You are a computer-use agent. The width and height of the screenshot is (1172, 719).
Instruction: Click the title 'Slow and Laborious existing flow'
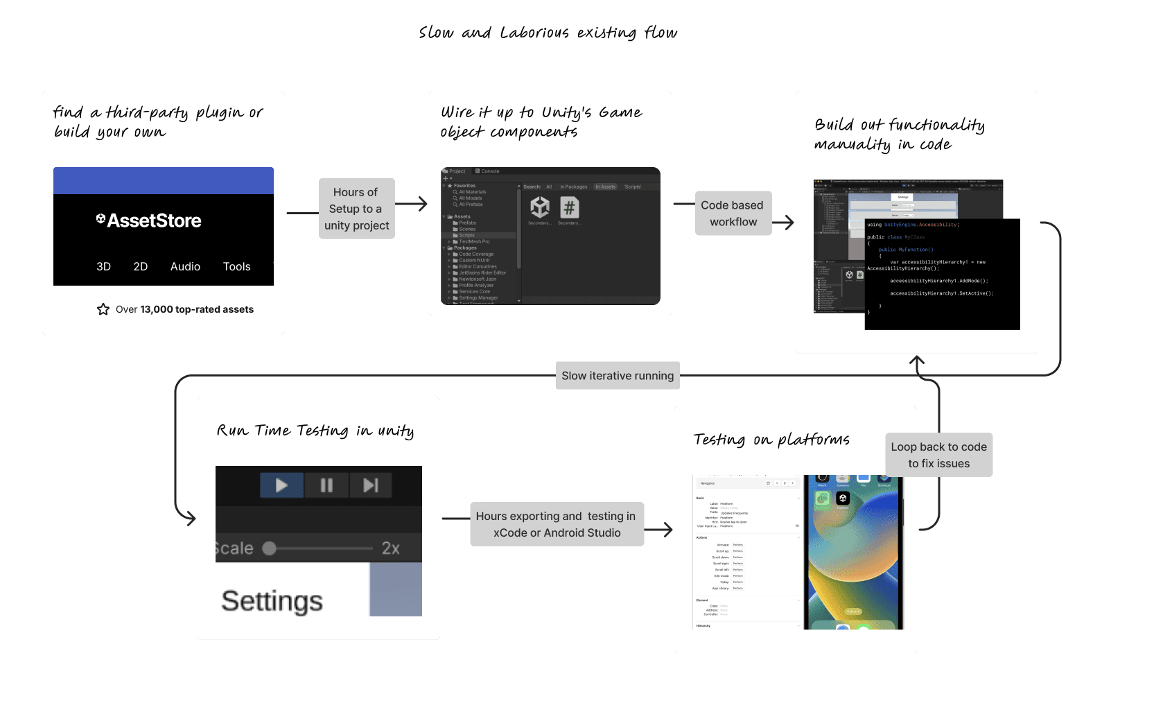coord(548,33)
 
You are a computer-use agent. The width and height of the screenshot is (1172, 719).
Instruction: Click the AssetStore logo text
coord(149,220)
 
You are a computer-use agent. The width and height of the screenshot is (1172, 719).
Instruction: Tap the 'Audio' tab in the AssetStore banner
coord(185,266)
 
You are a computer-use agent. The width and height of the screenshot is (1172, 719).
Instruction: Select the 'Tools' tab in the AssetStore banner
coord(236,266)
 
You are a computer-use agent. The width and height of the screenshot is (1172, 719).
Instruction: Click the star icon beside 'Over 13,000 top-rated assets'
coord(103,309)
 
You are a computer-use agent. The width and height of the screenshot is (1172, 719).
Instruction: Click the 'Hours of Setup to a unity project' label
coord(356,209)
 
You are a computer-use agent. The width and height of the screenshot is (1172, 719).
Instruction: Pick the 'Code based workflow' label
coord(733,214)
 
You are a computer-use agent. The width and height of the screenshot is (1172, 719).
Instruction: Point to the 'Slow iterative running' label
coord(617,376)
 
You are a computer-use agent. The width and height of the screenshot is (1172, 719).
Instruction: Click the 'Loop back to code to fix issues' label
coord(938,455)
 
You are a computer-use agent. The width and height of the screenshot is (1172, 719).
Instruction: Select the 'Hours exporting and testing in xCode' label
coord(556,524)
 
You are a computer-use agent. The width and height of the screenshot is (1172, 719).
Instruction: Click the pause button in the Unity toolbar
coord(326,485)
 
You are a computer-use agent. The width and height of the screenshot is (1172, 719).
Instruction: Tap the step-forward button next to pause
coord(371,485)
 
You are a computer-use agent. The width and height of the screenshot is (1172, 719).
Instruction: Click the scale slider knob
coord(270,548)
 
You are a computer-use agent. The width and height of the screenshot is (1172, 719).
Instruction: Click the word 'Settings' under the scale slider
coord(272,601)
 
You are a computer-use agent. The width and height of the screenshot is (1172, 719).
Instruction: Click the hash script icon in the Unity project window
coord(569,207)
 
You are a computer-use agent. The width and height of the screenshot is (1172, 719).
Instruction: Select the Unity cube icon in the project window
coord(540,207)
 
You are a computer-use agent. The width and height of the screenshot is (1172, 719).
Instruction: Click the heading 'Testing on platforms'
coord(771,440)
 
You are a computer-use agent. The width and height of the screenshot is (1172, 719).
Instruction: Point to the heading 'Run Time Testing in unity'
coord(315,431)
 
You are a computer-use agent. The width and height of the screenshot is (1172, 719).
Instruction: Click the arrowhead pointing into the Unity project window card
coord(423,203)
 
